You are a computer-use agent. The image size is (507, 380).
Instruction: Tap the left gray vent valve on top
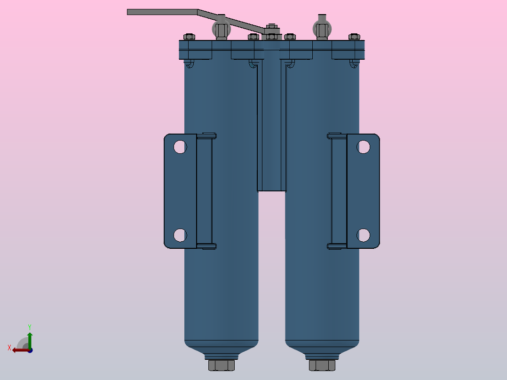[x=222, y=28]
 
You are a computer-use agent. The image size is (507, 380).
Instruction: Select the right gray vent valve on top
[x=321, y=29]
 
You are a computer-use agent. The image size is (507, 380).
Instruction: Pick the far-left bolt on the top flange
[x=189, y=36]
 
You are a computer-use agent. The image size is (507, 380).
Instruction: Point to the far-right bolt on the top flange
[x=354, y=36]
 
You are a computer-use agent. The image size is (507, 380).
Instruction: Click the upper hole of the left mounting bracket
[x=180, y=147]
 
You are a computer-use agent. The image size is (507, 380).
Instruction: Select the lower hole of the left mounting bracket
[x=180, y=235]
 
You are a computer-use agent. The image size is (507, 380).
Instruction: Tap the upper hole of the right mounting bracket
[x=363, y=147]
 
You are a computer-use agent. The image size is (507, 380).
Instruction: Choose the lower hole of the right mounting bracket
[x=363, y=235]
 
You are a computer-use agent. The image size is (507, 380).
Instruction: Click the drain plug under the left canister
[x=221, y=365]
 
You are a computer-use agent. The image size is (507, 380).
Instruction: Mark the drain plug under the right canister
[x=322, y=365]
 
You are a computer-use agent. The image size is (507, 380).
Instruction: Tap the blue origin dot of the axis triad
[x=30, y=350]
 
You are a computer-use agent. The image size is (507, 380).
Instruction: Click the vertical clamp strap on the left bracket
[x=204, y=190]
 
